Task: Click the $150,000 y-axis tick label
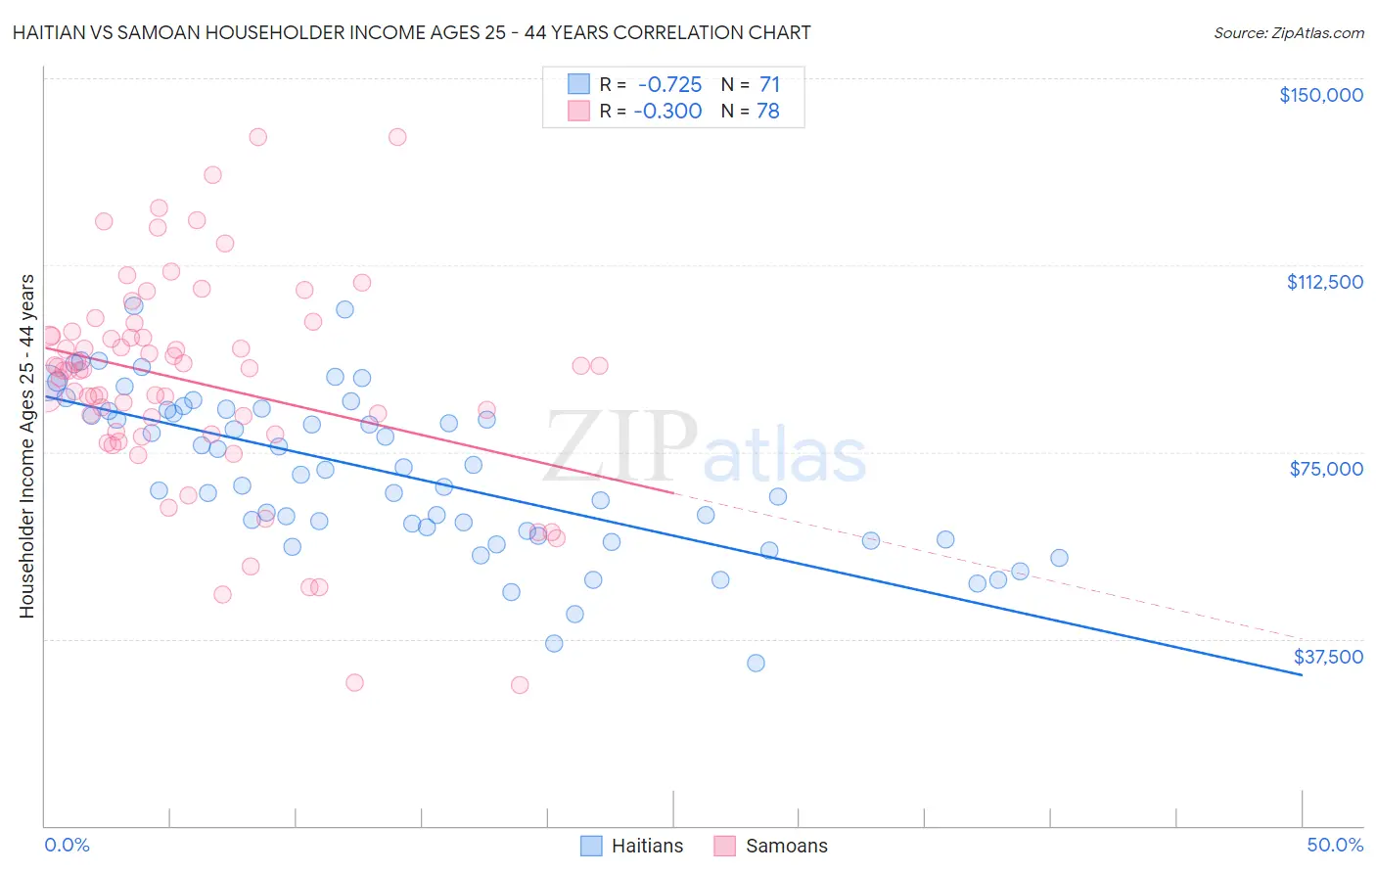[1320, 95]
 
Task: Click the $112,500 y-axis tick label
[1324, 282]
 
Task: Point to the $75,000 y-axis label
[1326, 469]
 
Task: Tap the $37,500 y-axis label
[1327, 657]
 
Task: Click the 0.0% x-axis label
[67, 845]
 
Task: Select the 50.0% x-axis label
[1335, 845]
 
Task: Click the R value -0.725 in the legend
[670, 85]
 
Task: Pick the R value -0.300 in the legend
[668, 112]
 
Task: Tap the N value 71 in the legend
[769, 85]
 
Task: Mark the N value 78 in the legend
[768, 112]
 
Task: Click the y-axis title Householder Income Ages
[27, 445]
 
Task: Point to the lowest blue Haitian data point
[756, 664]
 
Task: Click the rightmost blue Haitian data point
[1059, 558]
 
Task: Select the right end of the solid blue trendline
[1302, 675]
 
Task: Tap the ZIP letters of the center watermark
[619, 447]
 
